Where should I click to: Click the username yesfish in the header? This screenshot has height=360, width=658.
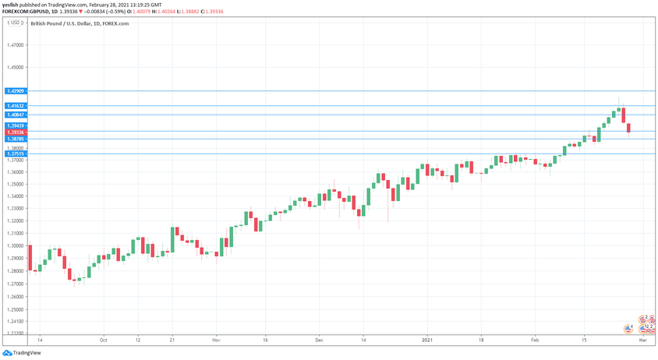12,5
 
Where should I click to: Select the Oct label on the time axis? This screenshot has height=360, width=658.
103,341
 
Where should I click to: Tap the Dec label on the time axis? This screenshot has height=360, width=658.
319,341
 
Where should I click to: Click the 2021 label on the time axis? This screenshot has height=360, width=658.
427,341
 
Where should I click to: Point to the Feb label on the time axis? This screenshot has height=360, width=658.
535,341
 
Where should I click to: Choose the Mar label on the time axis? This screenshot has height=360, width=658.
643,341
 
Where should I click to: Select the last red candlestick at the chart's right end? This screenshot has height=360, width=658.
628,128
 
